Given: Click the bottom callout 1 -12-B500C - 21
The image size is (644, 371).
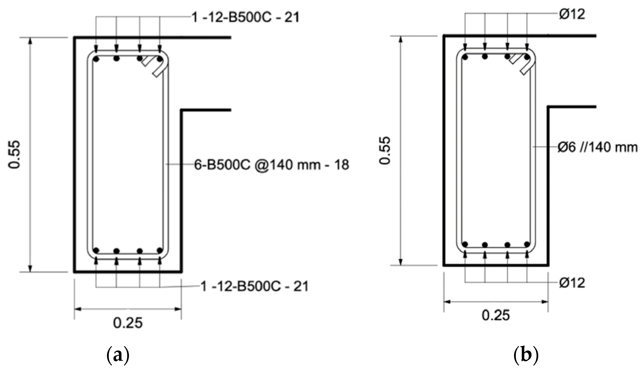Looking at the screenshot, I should point(255,286).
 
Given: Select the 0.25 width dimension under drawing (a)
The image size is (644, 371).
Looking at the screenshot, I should point(128,323).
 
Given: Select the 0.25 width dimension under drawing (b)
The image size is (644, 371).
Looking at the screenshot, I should point(496,316).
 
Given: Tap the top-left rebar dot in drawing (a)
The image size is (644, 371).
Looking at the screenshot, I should point(96,59).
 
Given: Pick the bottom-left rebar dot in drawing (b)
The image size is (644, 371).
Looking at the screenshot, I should point(465,244).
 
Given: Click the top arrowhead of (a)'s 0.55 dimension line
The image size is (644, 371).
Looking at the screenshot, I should point(30,41).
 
